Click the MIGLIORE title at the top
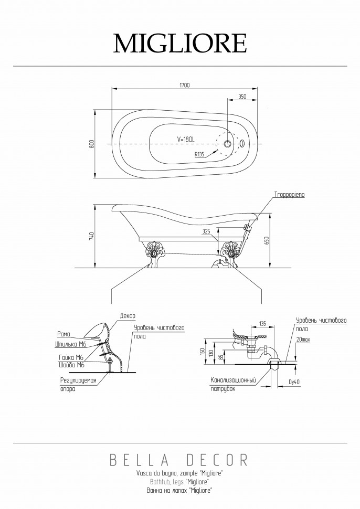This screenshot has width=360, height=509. point(180,43)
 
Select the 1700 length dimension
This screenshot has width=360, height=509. point(184,86)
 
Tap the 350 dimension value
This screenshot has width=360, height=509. point(242,97)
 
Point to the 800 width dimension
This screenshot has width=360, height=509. point(91,144)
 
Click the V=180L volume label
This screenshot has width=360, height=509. point(186,139)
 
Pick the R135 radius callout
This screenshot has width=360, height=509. point(199,154)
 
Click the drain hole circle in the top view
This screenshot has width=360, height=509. point(228,143)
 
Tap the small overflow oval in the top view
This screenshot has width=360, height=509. point(242,143)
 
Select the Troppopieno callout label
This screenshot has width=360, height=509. point(290,195)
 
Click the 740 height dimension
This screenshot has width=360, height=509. point(91,236)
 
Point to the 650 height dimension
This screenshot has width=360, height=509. point(267,240)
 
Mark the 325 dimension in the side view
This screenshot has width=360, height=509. point(206,231)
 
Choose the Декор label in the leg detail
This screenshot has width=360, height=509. point(128,315)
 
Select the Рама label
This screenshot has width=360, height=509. point(63,334)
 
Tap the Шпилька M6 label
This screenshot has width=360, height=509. point(70,344)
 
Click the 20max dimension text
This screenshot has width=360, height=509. point(303,340)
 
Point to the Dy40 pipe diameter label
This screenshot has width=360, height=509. point(294,382)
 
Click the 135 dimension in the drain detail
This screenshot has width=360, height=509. point(262,324)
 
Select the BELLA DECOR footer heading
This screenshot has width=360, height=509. point(179,460)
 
